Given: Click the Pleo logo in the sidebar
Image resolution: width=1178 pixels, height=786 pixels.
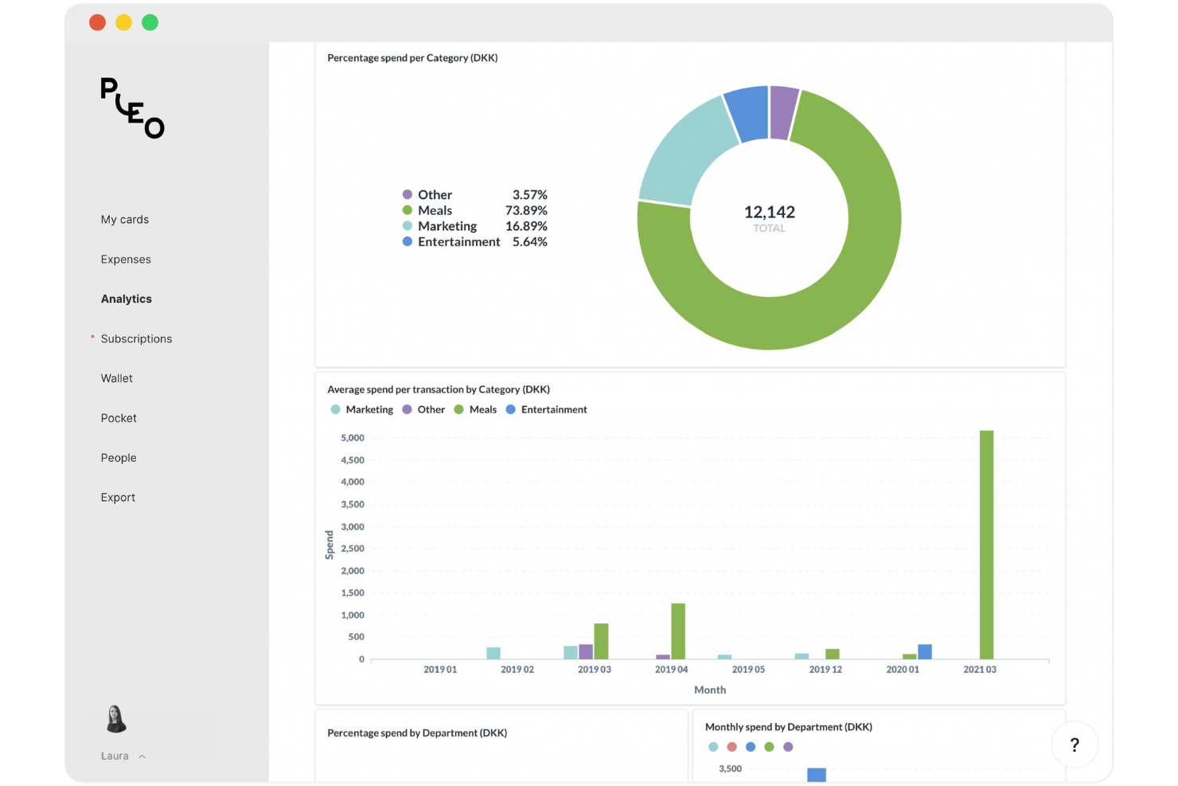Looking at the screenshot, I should tap(132, 108).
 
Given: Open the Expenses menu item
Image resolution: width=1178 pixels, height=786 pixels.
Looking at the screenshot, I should tap(126, 260).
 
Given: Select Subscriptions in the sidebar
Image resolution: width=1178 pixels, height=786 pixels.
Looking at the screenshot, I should tap(136, 339).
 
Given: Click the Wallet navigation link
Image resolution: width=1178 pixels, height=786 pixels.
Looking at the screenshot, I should tap(117, 379).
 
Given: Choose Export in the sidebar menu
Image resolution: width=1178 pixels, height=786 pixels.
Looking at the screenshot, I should tap(118, 498).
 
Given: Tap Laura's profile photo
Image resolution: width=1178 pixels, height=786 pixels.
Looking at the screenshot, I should tap(116, 718).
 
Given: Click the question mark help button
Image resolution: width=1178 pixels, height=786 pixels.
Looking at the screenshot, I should tap(1075, 745).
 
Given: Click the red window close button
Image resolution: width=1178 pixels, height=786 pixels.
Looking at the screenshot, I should tap(98, 23).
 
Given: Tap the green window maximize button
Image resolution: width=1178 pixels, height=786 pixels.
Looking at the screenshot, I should tap(150, 23).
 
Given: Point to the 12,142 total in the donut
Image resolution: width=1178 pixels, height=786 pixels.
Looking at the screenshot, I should tap(769, 213).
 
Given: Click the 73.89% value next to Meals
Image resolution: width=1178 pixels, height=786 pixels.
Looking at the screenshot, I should tap(526, 211).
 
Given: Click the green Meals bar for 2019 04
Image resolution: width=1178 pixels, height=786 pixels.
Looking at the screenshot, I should tap(678, 631).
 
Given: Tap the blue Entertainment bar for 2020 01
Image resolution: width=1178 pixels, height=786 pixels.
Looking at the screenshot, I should tap(925, 651).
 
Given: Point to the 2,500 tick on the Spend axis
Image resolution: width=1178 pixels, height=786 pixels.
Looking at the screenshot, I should tap(352, 549).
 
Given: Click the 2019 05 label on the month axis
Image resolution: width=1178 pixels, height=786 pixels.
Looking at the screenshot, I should tap(748, 670).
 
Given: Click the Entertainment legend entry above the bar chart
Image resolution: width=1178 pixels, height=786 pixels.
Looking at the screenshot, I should tap(553, 410).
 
